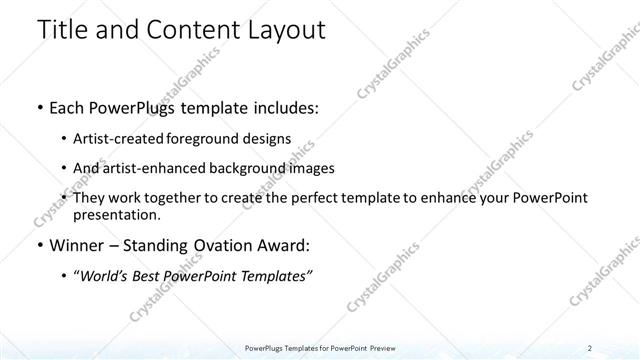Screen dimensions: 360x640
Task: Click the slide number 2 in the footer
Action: point(591,348)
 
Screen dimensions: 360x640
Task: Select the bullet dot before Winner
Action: point(39,245)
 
